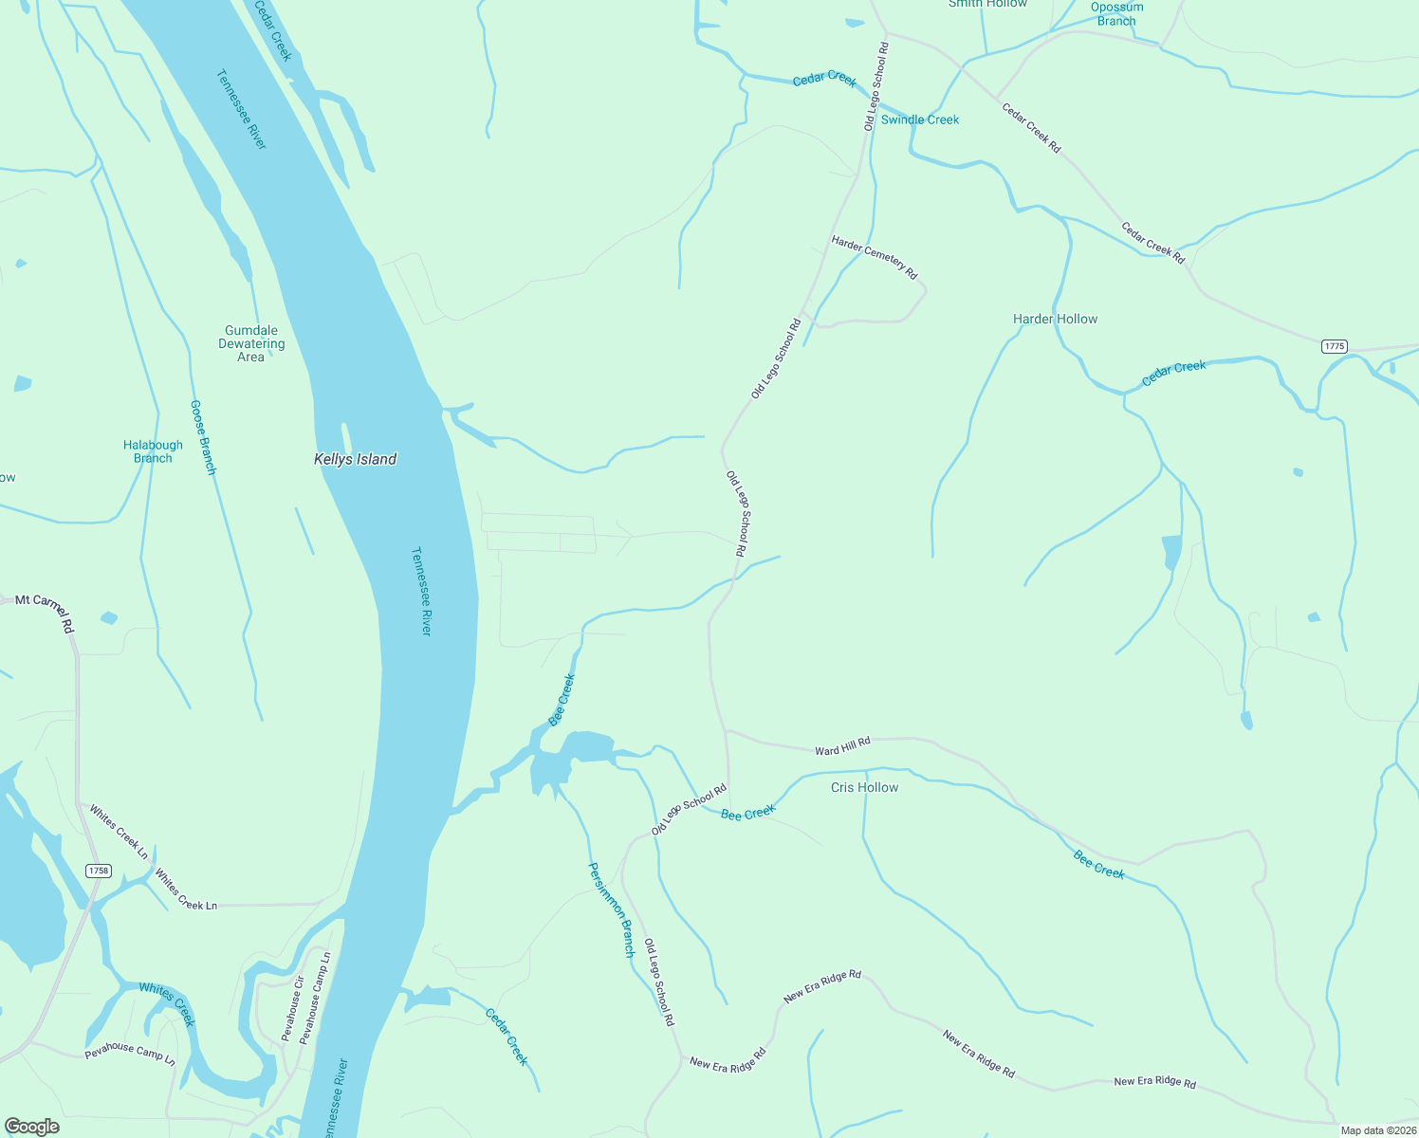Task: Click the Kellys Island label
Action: pos(355,459)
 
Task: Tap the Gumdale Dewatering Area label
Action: pos(251,344)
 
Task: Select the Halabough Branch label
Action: pos(153,451)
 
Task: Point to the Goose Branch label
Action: pos(203,437)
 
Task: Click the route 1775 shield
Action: pos(1334,346)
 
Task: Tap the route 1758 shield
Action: pos(98,871)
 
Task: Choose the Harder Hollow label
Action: pos(1055,320)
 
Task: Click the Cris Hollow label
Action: pos(864,787)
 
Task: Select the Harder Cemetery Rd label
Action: pos(875,257)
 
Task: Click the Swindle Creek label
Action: pos(919,119)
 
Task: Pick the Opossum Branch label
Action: pos(1116,14)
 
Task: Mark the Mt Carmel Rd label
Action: pos(45,607)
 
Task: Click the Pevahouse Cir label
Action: pos(293,1008)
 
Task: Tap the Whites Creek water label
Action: pos(167,1004)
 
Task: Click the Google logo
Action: pos(31,1127)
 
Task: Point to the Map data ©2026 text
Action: pos(1377,1130)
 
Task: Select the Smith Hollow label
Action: pos(987,4)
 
